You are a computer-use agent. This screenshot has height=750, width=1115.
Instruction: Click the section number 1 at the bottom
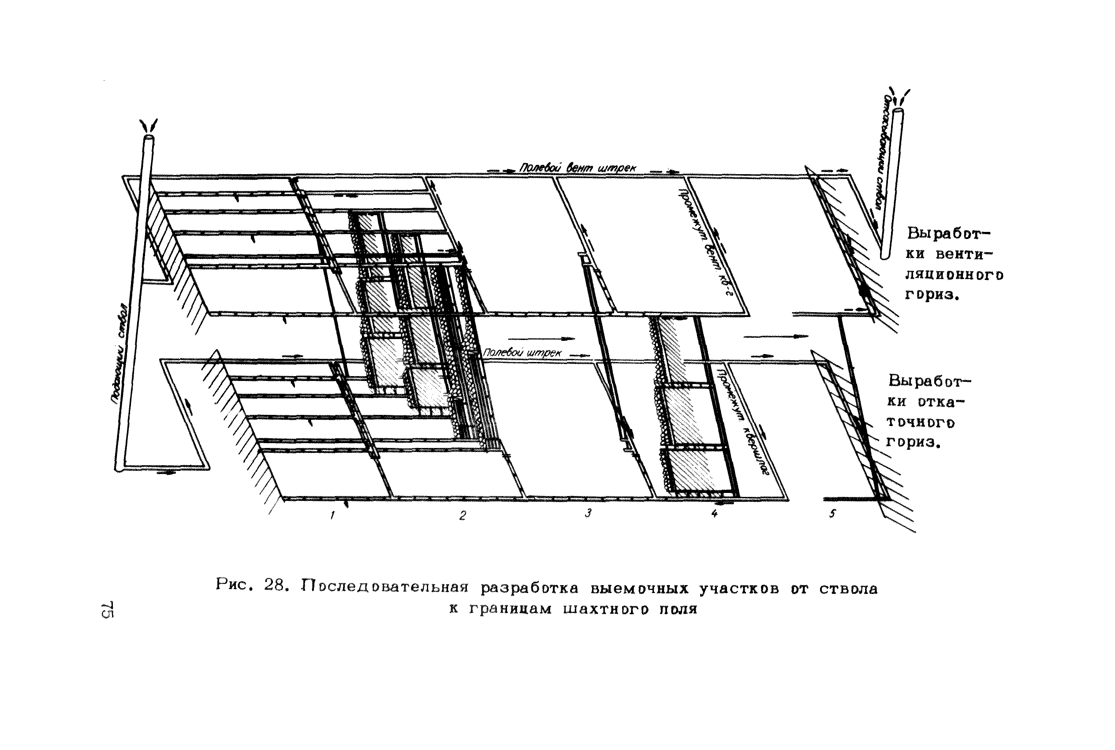(332, 515)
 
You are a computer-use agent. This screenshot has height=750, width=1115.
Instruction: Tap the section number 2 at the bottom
(462, 515)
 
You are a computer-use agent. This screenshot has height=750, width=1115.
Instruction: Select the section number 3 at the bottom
(588, 513)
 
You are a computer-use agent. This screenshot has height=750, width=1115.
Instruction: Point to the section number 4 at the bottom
(714, 513)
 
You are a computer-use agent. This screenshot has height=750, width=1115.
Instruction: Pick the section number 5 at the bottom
(832, 513)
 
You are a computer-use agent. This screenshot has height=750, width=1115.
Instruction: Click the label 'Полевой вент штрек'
(578, 168)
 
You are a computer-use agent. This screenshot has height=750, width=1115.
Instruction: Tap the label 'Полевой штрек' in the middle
(522, 353)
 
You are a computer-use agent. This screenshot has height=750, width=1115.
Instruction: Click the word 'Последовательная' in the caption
(385, 587)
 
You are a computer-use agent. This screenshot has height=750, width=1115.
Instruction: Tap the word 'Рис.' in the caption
(233, 585)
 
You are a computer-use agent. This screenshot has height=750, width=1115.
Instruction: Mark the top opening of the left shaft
(149, 137)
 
